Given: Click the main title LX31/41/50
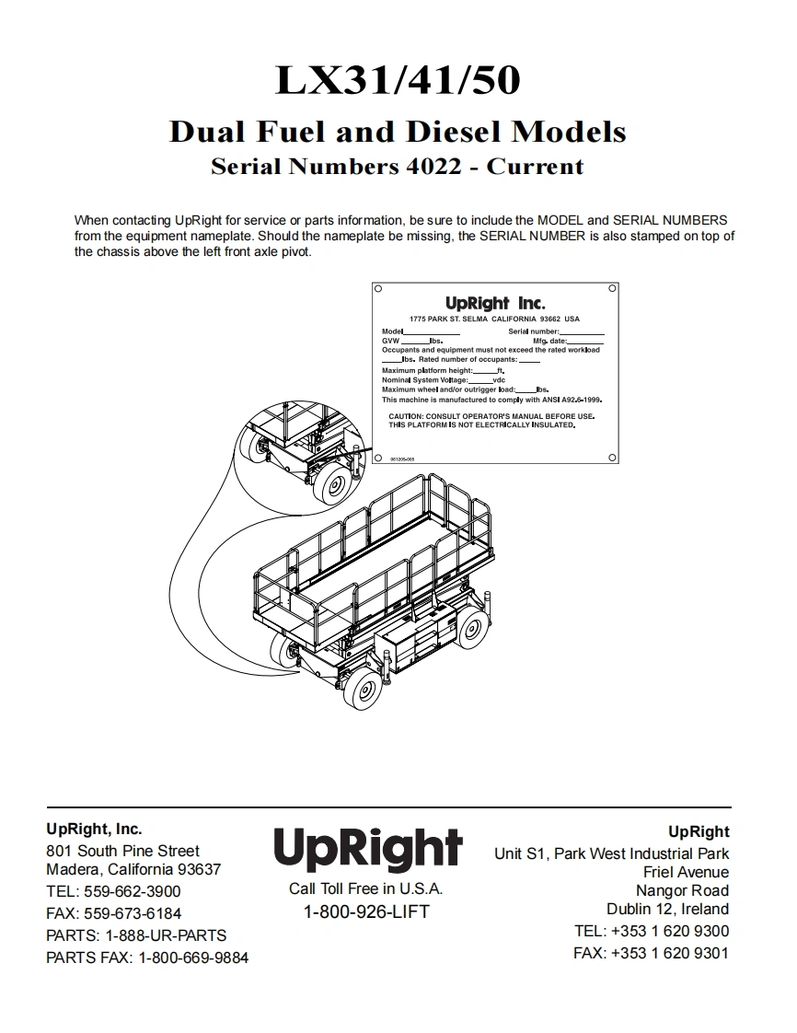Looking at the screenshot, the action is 398,81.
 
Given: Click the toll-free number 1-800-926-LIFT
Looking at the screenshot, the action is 366,912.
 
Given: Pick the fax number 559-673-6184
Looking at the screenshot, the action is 133,913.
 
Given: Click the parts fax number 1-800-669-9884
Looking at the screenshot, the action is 193,958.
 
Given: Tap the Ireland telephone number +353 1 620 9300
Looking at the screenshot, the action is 669,931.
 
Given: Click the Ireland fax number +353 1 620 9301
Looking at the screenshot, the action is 669,953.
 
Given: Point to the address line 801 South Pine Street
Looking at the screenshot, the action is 122,851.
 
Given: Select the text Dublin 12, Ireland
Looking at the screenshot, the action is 667,909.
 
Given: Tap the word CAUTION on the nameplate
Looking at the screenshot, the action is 405,416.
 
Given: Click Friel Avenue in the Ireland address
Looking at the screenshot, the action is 686,872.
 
